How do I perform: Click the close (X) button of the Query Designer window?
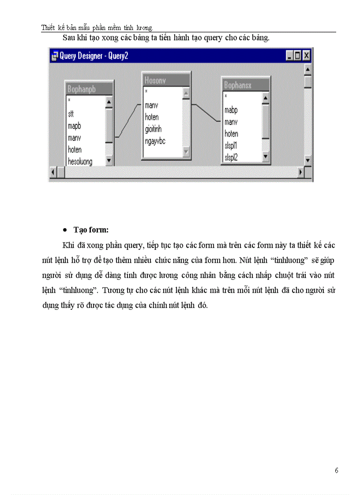coord(306,56)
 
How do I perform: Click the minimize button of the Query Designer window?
coord(289,56)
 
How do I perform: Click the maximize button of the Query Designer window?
coord(297,56)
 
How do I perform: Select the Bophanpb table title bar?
coord(89,89)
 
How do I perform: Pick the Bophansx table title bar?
coord(245,86)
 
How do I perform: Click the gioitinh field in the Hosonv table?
coord(153,129)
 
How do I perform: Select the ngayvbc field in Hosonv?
coord(155,141)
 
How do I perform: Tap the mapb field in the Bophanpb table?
coord(74,126)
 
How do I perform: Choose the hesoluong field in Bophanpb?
coord(80,161)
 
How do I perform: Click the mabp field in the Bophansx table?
coord(231,110)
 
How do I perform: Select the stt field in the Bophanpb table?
coord(71,114)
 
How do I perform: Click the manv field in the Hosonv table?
coord(151,105)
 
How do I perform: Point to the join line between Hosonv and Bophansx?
coord(206,113)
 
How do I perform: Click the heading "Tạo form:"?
coord(91,230)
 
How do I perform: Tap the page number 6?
coord(337,470)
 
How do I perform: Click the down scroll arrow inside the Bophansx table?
coord(265,156)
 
